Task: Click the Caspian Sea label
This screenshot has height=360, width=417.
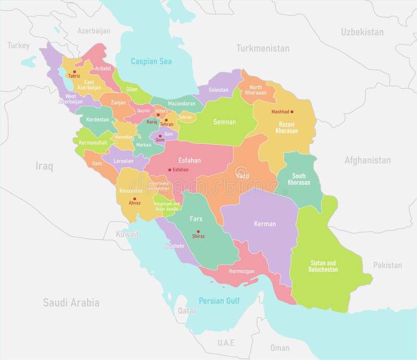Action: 151,61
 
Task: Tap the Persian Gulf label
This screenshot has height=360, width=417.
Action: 219,301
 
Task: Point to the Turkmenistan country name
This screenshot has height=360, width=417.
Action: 262,48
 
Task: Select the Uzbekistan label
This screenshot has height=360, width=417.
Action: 362,32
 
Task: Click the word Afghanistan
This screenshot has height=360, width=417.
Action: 367,160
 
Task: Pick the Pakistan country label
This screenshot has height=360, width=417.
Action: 387,265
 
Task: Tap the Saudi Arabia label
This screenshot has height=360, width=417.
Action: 71,302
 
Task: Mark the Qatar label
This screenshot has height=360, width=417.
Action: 187,311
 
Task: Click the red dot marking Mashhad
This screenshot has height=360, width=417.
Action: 292,111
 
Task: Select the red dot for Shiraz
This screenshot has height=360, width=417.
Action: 198,231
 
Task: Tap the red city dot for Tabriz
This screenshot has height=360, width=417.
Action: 75,71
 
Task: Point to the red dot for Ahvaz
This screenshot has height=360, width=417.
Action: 134,199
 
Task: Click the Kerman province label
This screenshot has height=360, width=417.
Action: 265,224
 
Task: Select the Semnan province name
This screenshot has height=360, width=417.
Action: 225,122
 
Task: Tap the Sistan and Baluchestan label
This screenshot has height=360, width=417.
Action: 324,266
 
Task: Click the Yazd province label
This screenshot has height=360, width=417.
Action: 242,176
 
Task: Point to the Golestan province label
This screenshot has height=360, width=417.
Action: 218,90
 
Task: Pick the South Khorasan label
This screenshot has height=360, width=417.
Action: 299,179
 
